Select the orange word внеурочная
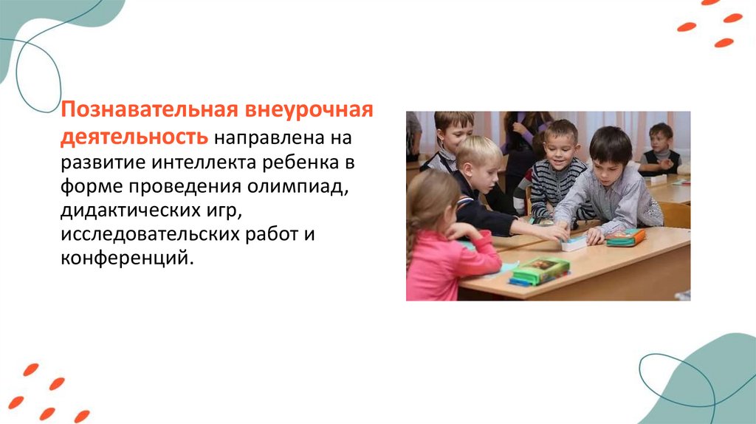point(309,109)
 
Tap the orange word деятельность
point(134,137)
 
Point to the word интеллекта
point(205,163)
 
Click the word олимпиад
point(298,186)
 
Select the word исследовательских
point(150,234)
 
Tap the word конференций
point(127,259)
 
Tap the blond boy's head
point(478,158)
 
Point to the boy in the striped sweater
point(557,169)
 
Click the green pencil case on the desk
point(540,271)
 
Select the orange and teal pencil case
point(625,237)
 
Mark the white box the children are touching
point(574,244)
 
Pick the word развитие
point(103,163)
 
